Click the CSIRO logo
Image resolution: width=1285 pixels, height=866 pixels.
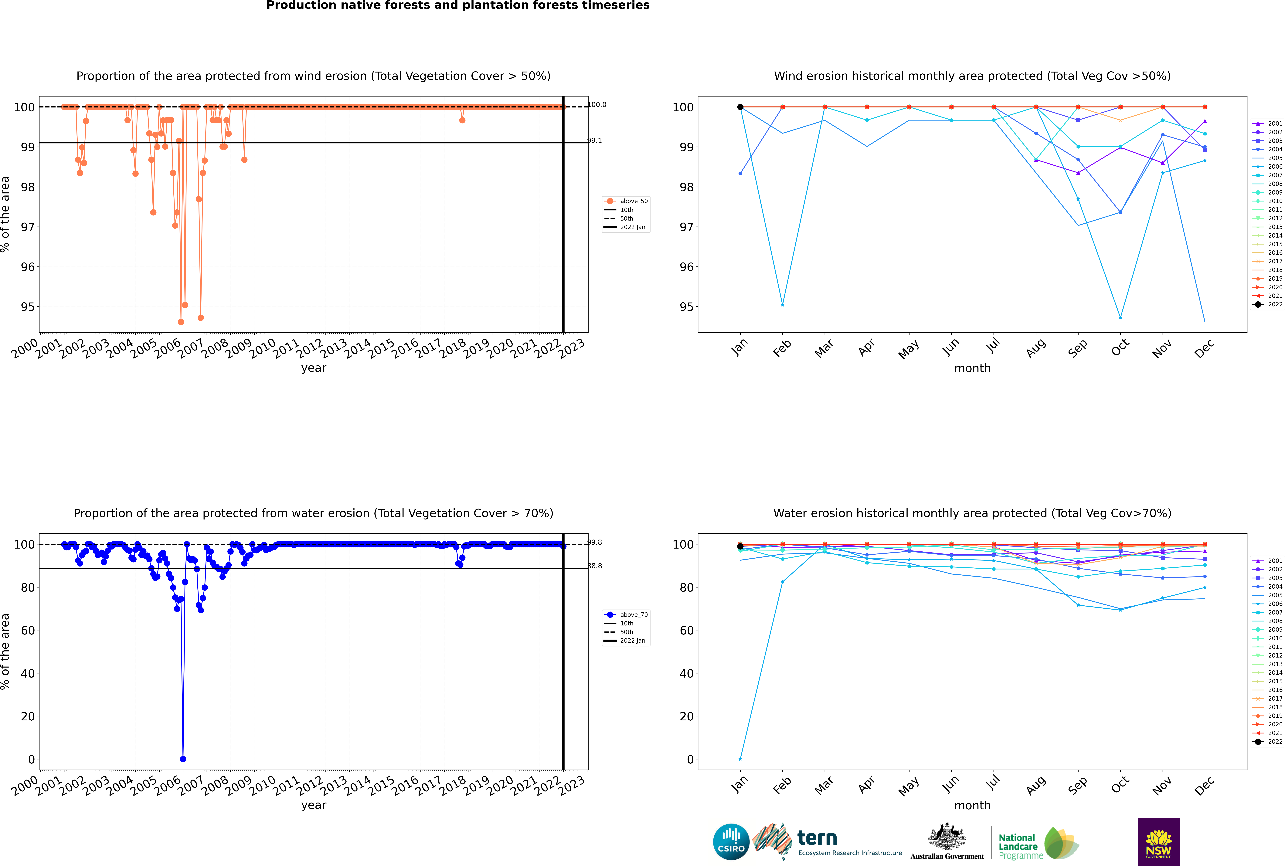731,842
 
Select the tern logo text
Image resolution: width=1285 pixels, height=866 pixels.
817,838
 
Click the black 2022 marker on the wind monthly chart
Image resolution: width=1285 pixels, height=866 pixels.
740,107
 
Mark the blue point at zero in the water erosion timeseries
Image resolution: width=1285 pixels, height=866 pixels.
183,759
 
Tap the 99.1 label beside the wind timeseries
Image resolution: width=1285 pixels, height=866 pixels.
594,141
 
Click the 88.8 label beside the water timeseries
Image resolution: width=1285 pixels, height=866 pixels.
594,566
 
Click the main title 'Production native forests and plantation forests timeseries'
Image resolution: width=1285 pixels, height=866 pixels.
458,5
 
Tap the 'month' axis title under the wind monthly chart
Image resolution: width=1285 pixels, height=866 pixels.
972,368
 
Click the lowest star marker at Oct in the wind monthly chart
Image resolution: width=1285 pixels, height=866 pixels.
1120,318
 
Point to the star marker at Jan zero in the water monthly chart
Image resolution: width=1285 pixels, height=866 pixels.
740,759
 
